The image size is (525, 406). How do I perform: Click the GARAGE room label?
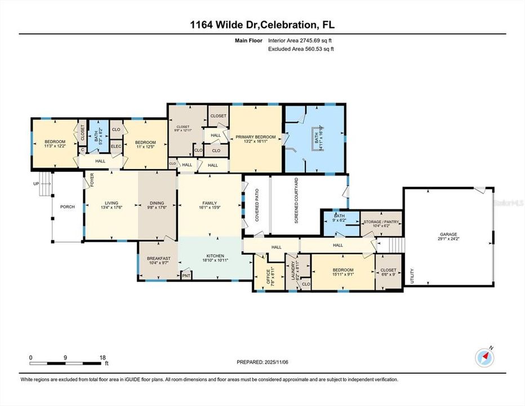click(x=448, y=234)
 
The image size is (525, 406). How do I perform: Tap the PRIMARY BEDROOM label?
click(x=255, y=137)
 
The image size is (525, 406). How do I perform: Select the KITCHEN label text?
click(x=215, y=255)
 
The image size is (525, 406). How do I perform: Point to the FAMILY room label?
click(x=210, y=204)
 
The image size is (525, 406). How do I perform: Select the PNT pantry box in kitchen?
click(x=186, y=276)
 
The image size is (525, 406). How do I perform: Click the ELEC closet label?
click(x=115, y=147)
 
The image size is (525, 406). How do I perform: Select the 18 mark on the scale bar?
click(x=103, y=358)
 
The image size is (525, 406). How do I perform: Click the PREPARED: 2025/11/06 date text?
click(x=262, y=362)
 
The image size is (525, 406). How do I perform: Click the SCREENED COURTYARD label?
click(x=296, y=208)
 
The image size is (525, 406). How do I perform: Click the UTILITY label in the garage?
click(x=413, y=275)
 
